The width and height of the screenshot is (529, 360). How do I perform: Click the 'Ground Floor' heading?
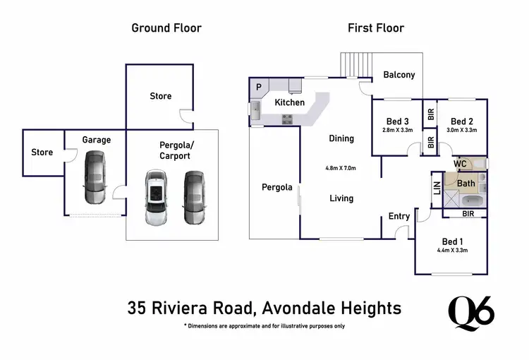click(166, 28)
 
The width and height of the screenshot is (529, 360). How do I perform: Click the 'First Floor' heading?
click(375, 28)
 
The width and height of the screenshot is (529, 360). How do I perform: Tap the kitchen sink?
click(255, 109)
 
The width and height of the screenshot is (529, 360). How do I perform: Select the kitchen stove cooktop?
click(288, 119)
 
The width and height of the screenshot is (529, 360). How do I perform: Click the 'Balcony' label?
click(399, 75)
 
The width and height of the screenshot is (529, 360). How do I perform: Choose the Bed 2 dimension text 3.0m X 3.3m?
click(462, 130)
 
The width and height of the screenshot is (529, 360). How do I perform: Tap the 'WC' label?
click(460, 164)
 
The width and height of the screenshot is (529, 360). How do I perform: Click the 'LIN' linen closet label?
click(435, 188)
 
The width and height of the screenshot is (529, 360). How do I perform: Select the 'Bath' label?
click(466, 184)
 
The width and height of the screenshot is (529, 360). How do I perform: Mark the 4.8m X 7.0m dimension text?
click(341, 168)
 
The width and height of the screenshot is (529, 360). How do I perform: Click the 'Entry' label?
click(399, 216)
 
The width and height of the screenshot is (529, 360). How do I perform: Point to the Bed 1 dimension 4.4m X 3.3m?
click(452, 250)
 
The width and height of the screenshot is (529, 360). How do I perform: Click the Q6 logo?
click(472, 311)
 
